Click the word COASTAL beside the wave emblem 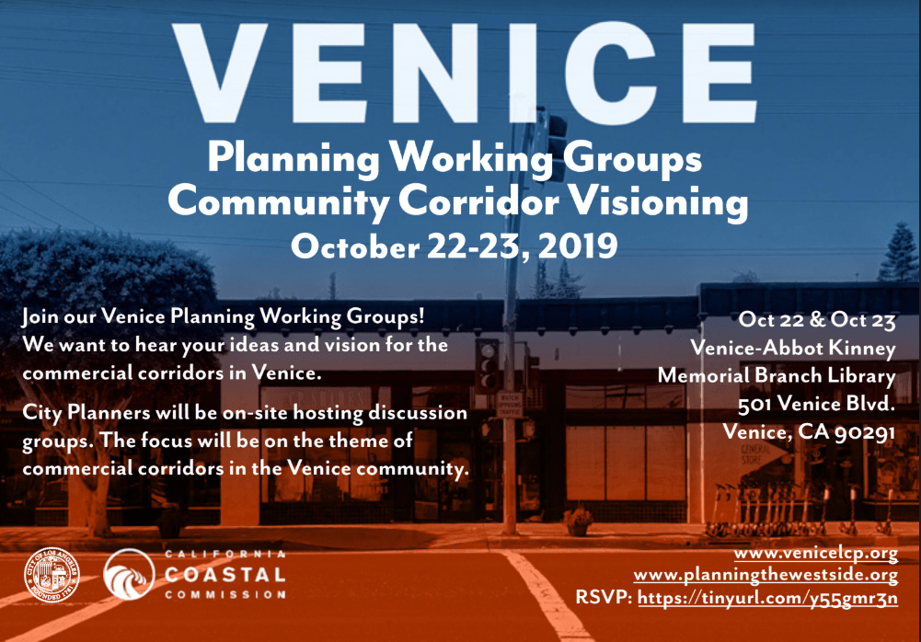point(224,574)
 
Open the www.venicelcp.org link point(815,554)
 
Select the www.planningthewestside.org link point(766,575)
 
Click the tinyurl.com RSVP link point(767,598)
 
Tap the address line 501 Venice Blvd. point(816,403)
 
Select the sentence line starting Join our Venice point(224,317)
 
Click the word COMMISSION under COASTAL point(224,595)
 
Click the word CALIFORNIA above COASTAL point(224,555)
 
